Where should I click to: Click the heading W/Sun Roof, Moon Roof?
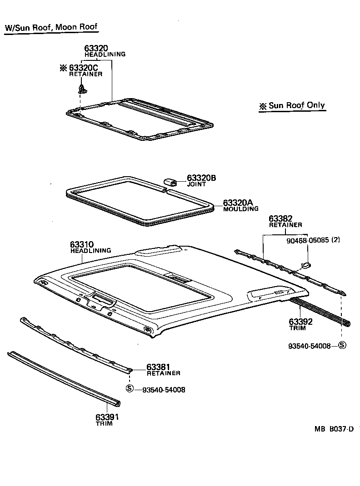[x=51, y=27]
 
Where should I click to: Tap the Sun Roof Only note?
[x=292, y=106]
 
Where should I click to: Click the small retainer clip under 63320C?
[x=81, y=87]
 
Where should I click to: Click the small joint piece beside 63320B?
[x=171, y=182]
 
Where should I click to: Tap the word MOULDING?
[x=240, y=209]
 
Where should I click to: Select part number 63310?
[x=82, y=244]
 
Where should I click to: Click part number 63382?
[x=280, y=219]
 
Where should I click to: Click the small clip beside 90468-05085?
[x=306, y=264]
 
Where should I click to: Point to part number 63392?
[x=300, y=322]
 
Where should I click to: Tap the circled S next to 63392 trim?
[x=342, y=345]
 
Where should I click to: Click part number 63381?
[x=158, y=367]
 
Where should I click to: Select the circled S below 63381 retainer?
[x=130, y=388]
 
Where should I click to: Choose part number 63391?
[x=107, y=417]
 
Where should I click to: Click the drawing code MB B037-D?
[x=333, y=429]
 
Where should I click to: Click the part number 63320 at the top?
[x=96, y=48]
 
